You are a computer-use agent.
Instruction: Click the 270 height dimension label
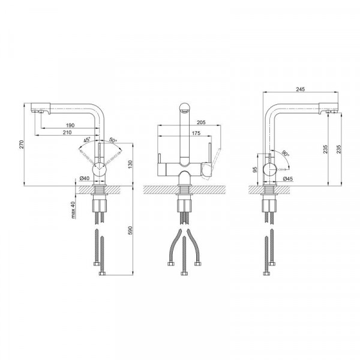click(22, 144)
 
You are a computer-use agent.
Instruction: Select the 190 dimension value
click(70, 125)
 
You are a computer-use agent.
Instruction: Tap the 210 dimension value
click(67, 132)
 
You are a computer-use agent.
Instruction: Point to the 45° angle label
click(87, 140)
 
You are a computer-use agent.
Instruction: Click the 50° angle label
click(113, 140)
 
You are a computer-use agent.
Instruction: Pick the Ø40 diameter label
click(84, 178)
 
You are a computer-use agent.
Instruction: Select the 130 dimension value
click(130, 164)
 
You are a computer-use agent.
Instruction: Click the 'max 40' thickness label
click(73, 210)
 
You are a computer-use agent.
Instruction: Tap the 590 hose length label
click(130, 230)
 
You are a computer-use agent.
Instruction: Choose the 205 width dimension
click(201, 122)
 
